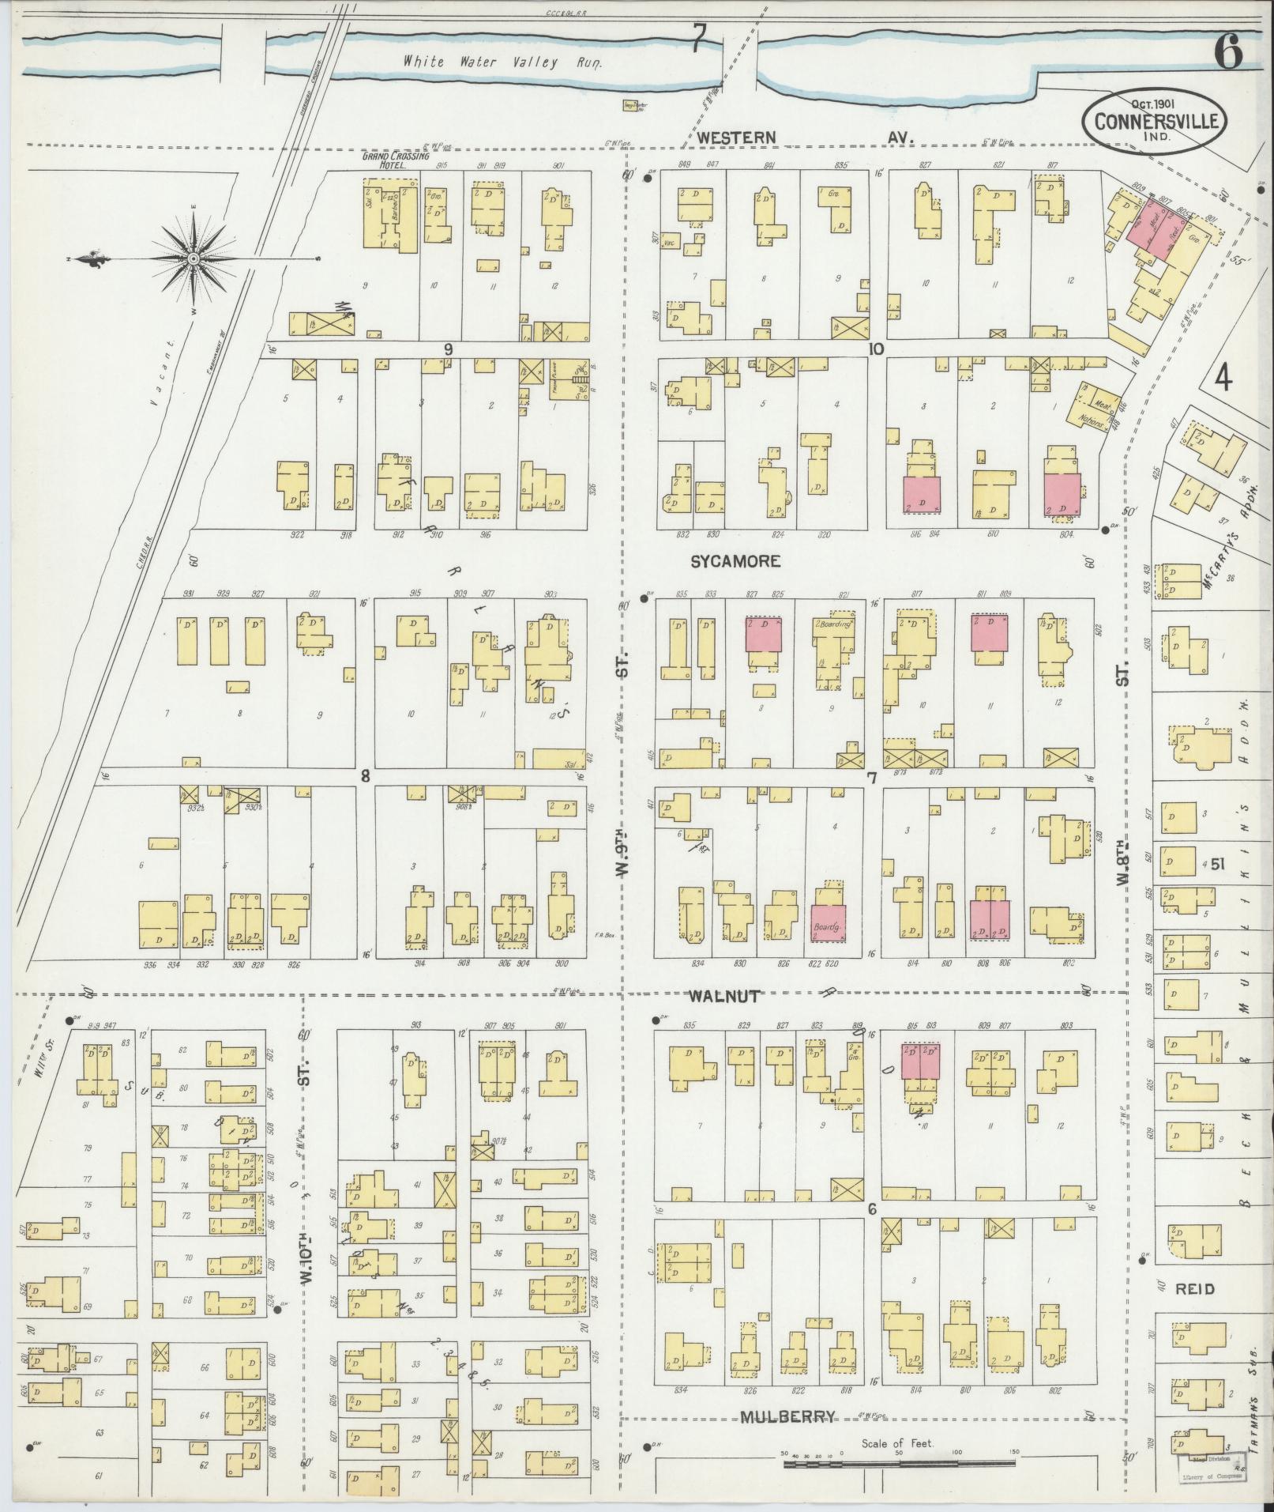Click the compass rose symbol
pyautogui.click(x=194, y=258)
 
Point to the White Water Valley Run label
pyautogui.click(x=503, y=61)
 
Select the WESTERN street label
pyautogui.click(x=737, y=138)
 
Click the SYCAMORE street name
pyautogui.click(x=735, y=560)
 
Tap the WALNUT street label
pyautogui.click(x=723, y=996)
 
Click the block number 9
pyautogui.click(x=448, y=349)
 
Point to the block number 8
pyautogui.click(x=365, y=776)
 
